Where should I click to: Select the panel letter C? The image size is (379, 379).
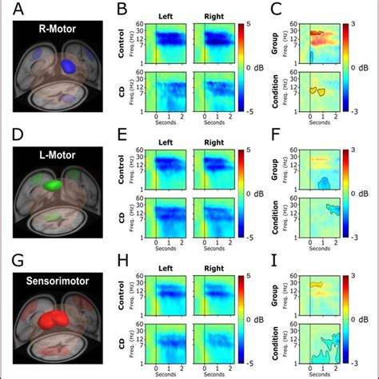coord(277,10)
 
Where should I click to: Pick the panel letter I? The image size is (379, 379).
coord(276,260)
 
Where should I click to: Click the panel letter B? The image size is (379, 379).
coord(122,10)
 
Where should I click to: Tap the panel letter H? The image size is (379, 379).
coord(122,260)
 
